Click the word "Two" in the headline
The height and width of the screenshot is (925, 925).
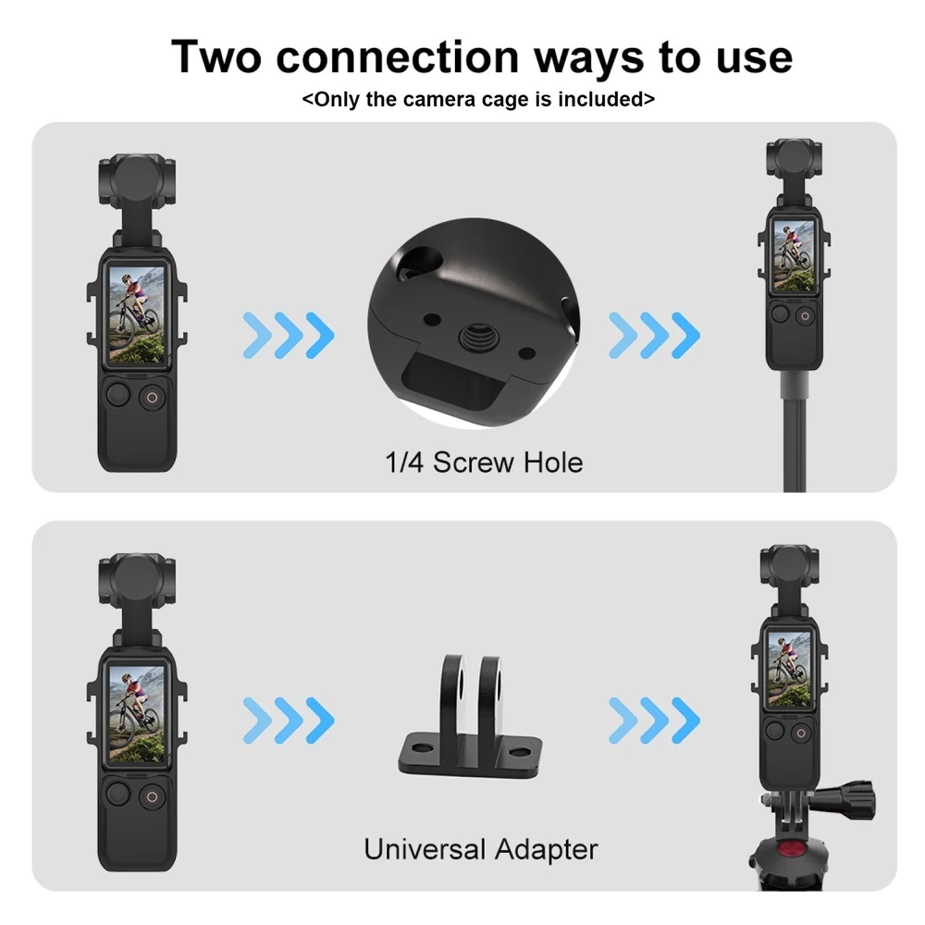(x=216, y=56)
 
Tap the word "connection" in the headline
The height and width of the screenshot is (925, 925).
(x=397, y=57)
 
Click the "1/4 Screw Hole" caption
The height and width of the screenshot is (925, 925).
(x=484, y=462)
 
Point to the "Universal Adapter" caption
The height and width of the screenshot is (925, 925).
(x=480, y=849)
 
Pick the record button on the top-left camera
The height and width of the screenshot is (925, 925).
(x=152, y=398)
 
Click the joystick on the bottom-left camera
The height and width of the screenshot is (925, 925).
(x=118, y=794)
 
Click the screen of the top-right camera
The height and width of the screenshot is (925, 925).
(x=794, y=256)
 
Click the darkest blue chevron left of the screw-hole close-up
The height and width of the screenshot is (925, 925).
(x=320, y=335)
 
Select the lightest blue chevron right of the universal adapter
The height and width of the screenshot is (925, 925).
(x=623, y=721)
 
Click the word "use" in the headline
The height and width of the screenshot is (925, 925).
(x=755, y=57)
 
